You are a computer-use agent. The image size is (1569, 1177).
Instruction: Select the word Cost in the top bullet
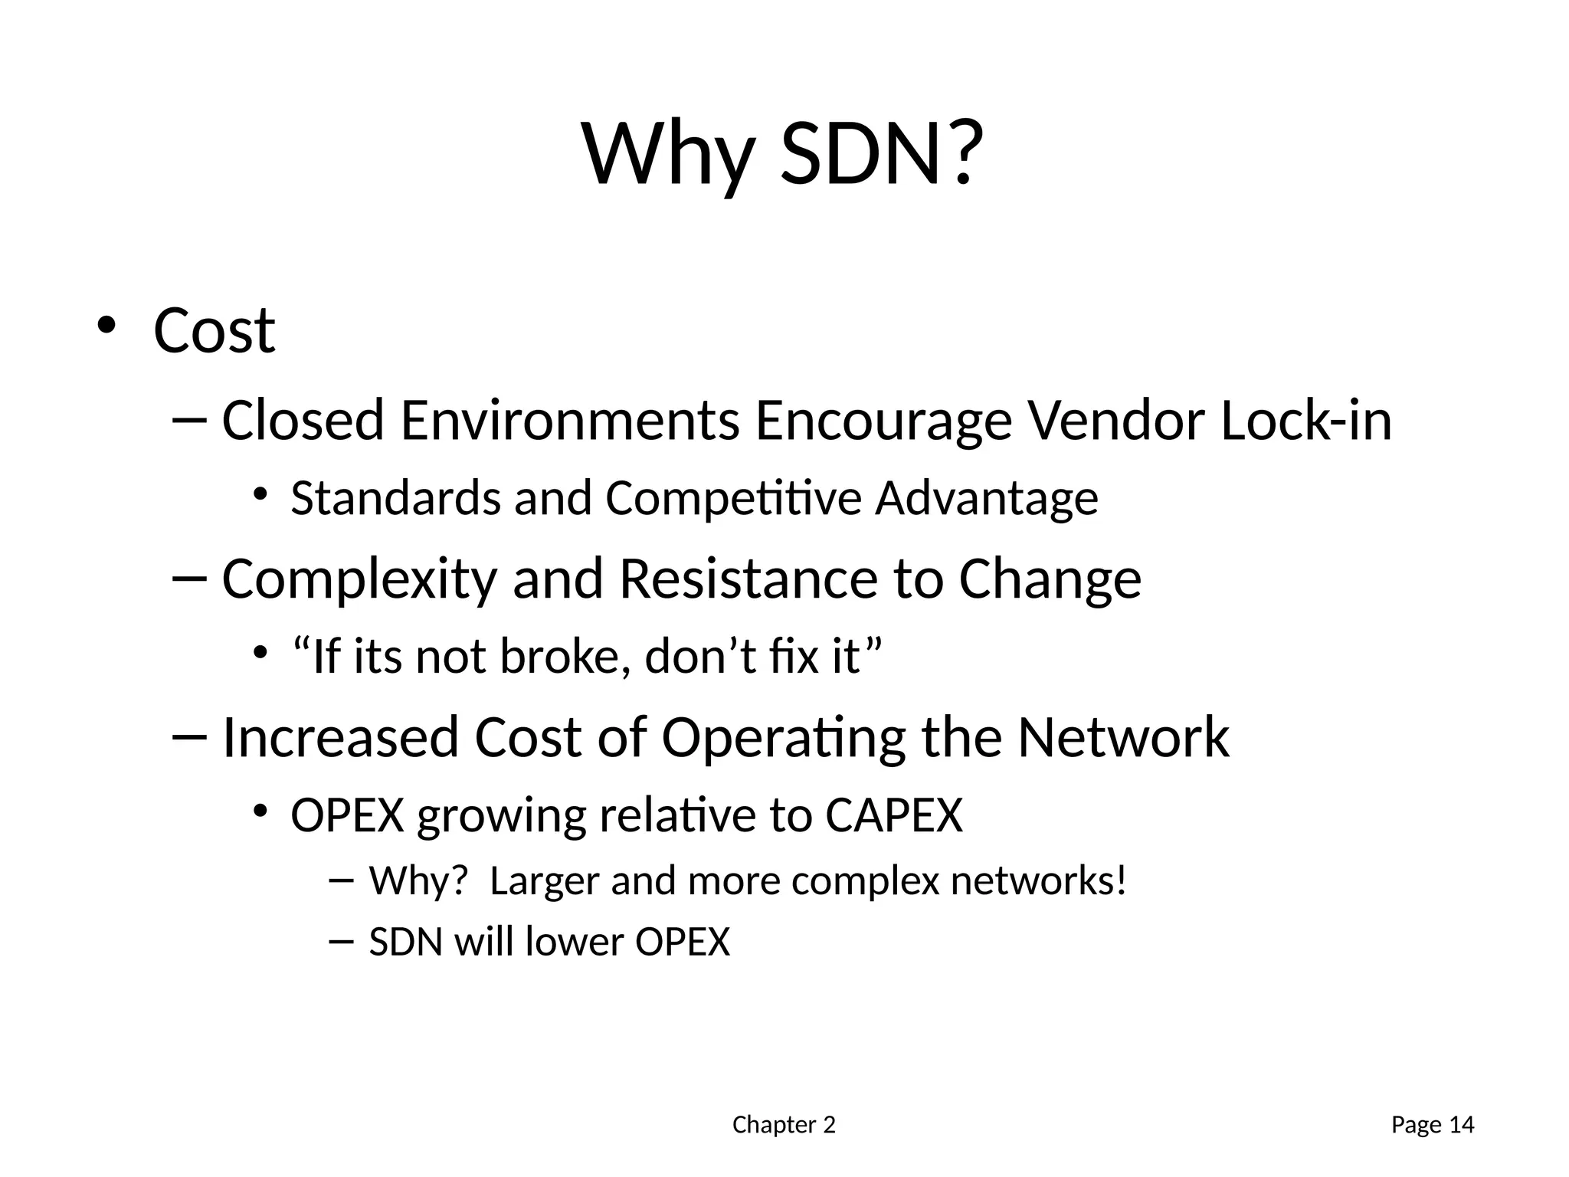pyautogui.click(x=214, y=331)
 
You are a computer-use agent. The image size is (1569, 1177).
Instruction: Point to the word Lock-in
pyautogui.click(x=1305, y=421)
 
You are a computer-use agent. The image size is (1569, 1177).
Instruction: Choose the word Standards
pyautogui.click(x=395, y=498)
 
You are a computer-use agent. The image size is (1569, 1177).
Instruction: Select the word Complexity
pyautogui.click(x=359, y=580)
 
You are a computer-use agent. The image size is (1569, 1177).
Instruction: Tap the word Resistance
pyautogui.click(x=748, y=579)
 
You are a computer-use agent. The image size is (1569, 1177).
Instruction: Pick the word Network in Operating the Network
pyautogui.click(x=1123, y=737)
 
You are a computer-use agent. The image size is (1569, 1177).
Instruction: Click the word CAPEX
pyautogui.click(x=893, y=815)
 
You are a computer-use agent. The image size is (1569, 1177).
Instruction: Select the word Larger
pyautogui.click(x=544, y=881)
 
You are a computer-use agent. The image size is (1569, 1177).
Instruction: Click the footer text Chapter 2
pyautogui.click(x=784, y=1125)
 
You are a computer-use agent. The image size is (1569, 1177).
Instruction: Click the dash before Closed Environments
pyautogui.click(x=190, y=421)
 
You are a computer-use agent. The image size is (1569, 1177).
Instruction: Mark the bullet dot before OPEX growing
pyautogui.click(x=260, y=810)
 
